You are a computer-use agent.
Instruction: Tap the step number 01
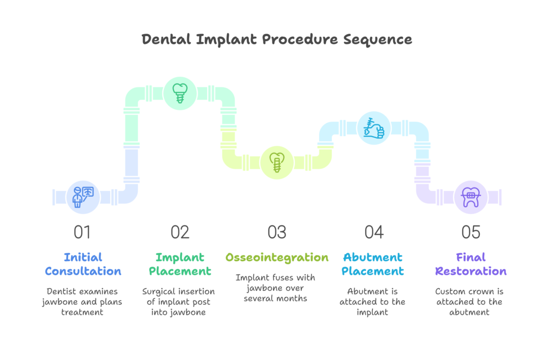coord(82,232)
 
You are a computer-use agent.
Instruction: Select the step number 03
coord(276,232)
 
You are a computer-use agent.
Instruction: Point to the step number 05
coord(471,232)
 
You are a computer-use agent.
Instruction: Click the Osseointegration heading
coord(277,258)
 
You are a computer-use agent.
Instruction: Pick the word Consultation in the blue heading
coord(83,271)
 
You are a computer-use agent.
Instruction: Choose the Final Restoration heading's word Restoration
coord(471,271)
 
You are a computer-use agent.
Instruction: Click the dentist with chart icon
coord(83,197)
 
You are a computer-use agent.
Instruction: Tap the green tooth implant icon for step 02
coord(180,93)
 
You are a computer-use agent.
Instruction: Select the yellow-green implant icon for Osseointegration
coord(277,162)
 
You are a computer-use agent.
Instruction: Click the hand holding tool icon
coord(374,128)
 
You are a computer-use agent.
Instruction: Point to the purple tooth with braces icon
coord(471,197)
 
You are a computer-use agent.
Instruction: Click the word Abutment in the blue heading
coord(373,257)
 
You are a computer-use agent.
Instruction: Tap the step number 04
coord(374,232)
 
